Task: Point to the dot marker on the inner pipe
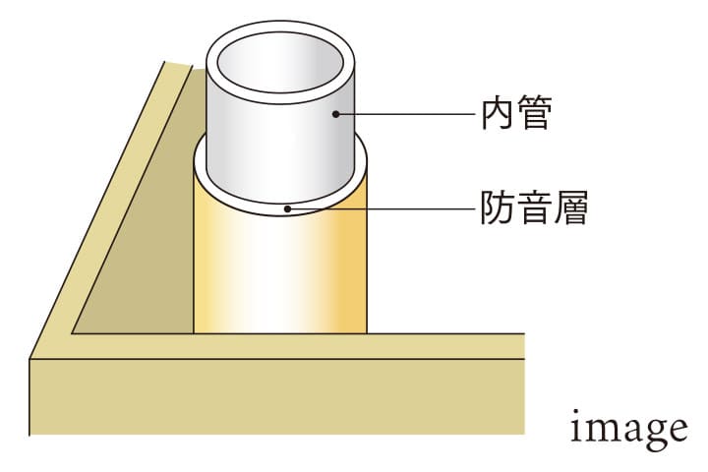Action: [335, 114]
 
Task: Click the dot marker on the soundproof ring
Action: [286, 207]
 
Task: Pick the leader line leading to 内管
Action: [413, 114]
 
